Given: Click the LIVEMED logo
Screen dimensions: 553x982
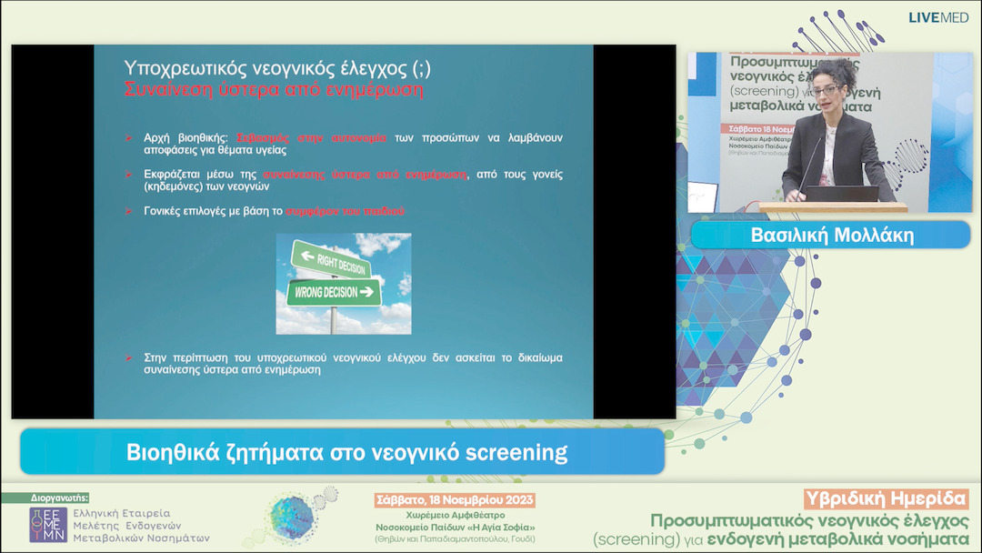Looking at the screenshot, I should [x=938, y=17].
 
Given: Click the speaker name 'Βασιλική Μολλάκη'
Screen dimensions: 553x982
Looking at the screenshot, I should [x=831, y=236].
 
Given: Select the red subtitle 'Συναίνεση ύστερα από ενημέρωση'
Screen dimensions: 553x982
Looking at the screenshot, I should [x=273, y=90].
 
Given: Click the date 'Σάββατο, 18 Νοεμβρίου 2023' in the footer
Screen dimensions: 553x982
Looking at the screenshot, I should [x=455, y=500].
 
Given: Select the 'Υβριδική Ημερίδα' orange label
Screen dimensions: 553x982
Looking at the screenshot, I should [x=887, y=498].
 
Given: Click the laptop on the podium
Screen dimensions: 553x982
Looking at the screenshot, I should [x=841, y=194].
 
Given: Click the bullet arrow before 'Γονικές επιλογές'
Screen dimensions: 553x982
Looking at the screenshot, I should [x=128, y=211].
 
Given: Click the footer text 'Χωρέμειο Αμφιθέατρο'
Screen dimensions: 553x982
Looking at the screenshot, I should [x=455, y=515].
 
